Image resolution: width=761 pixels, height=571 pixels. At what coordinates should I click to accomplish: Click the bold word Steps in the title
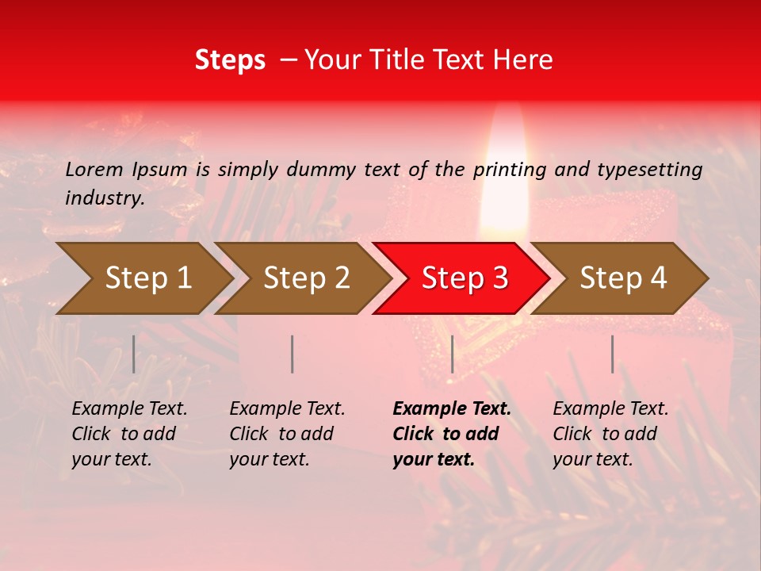230,60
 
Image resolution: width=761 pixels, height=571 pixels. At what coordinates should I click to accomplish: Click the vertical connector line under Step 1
134,354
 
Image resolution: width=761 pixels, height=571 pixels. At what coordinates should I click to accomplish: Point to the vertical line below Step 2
293,354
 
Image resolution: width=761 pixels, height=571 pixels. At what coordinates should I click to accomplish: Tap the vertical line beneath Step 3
452,354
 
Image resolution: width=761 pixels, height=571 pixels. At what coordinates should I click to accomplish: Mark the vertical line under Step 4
612,354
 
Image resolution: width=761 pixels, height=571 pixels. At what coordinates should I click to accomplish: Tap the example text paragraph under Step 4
610,434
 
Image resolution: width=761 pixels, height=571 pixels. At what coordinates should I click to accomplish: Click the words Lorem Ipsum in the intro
127,169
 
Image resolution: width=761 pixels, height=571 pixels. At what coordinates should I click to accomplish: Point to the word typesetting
649,169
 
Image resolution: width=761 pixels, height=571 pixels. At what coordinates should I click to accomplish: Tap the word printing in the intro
510,169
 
